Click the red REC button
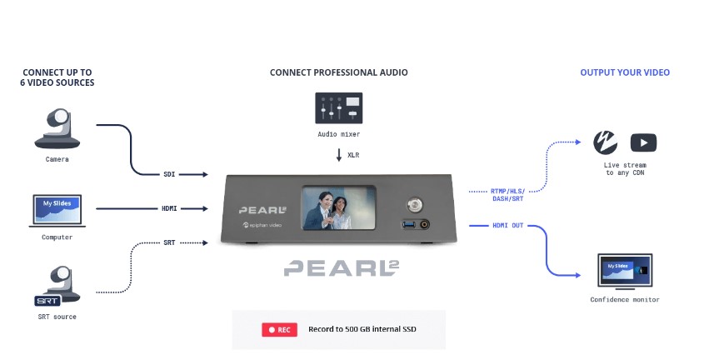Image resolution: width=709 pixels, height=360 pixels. click(x=279, y=330)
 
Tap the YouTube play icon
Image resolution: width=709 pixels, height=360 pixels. click(x=643, y=142)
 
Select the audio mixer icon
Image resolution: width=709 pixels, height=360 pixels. click(x=339, y=108)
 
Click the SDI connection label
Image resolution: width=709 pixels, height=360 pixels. click(x=169, y=174)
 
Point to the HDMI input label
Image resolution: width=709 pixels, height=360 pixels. click(x=169, y=208)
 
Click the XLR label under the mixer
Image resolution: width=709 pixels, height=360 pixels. click(x=353, y=155)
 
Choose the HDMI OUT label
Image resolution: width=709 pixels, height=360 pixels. click(x=507, y=225)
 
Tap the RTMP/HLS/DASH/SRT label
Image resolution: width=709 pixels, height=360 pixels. click(x=507, y=195)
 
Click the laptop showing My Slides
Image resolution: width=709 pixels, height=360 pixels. click(x=57, y=211)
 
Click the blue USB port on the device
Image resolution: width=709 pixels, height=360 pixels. click(x=409, y=224)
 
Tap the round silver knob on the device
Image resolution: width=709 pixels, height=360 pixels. click(x=414, y=204)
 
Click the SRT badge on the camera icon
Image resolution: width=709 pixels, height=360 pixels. click(x=47, y=301)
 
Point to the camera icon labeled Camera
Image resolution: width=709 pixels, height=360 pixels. click(x=57, y=128)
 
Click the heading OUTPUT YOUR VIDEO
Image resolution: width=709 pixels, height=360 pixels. click(x=625, y=72)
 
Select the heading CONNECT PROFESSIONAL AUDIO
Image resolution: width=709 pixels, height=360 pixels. click(x=339, y=72)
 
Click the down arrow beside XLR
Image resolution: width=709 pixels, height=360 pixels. click(x=339, y=155)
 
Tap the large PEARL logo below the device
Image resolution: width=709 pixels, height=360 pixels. click(x=342, y=268)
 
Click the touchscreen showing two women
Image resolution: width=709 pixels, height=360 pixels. click(x=339, y=207)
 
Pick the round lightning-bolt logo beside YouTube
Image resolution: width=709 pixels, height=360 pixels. click(x=606, y=142)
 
